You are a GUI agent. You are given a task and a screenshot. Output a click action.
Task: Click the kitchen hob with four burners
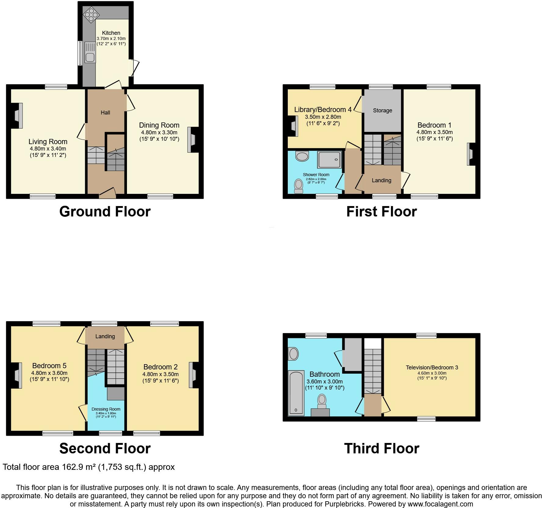point(91,14)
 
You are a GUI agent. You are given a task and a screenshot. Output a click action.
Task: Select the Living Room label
point(48,142)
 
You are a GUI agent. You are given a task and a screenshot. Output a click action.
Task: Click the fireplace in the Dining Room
point(193,140)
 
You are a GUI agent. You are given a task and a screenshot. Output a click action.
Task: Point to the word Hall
point(105,113)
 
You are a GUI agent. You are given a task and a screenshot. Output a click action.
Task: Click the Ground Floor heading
point(105,212)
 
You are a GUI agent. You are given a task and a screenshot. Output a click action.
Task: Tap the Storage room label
point(382,111)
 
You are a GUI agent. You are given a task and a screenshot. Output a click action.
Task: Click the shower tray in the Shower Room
point(329,159)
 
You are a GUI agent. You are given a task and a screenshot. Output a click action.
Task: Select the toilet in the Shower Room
point(298,186)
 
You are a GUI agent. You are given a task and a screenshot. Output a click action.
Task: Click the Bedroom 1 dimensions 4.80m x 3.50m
point(434,132)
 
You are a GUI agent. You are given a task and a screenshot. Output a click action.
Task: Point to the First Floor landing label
point(381,180)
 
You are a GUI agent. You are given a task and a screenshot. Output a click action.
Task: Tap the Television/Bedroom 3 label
point(432,368)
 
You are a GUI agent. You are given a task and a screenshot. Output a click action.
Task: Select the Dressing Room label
point(106,409)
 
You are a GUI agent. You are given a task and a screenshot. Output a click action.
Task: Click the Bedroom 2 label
point(160,367)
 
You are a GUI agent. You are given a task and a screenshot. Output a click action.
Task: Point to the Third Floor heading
point(381,448)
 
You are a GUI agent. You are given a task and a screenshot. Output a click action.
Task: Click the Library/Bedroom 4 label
point(323,110)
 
